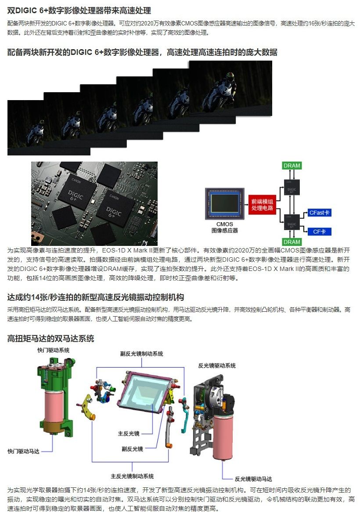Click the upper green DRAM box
tap(292, 166)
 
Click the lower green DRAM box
tap(292, 242)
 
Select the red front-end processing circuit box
tap(262, 205)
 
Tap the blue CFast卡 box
tap(320, 213)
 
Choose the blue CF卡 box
tap(320, 231)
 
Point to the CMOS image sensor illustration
tap(224, 203)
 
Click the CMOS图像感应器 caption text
tap(224, 227)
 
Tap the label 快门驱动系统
tap(53, 350)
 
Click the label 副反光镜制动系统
tap(141, 353)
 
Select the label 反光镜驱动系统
tap(217, 365)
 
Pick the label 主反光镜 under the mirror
tap(129, 433)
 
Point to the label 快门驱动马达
tap(24, 451)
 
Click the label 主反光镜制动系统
tap(132, 476)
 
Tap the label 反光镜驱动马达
tap(253, 479)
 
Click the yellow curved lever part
tap(88, 407)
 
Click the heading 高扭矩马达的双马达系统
tap(50, 338)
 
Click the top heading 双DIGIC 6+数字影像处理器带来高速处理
tap(79, 11)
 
